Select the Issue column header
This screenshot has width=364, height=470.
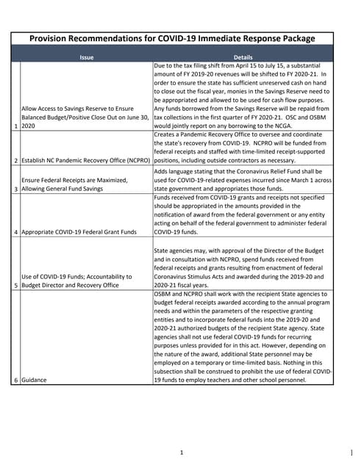point(87,57)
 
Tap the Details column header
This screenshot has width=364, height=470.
point(243,57)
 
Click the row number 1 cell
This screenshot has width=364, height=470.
point(16,126)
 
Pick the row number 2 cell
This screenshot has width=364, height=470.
point(16,159)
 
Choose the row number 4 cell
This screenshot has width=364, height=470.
point(16,232)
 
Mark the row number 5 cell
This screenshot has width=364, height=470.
point(16,285)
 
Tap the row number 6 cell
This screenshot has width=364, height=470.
point(16,380)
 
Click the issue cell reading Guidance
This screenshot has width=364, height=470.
point(32,380)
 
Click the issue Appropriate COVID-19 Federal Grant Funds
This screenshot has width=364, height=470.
point(79,232)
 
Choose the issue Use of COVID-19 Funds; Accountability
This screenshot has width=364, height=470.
point(76,281)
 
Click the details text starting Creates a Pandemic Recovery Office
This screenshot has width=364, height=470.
point(243,147)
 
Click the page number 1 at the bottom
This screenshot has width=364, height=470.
point(181,452)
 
